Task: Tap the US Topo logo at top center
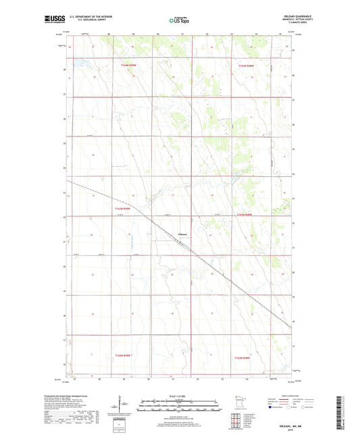[180, 20]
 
